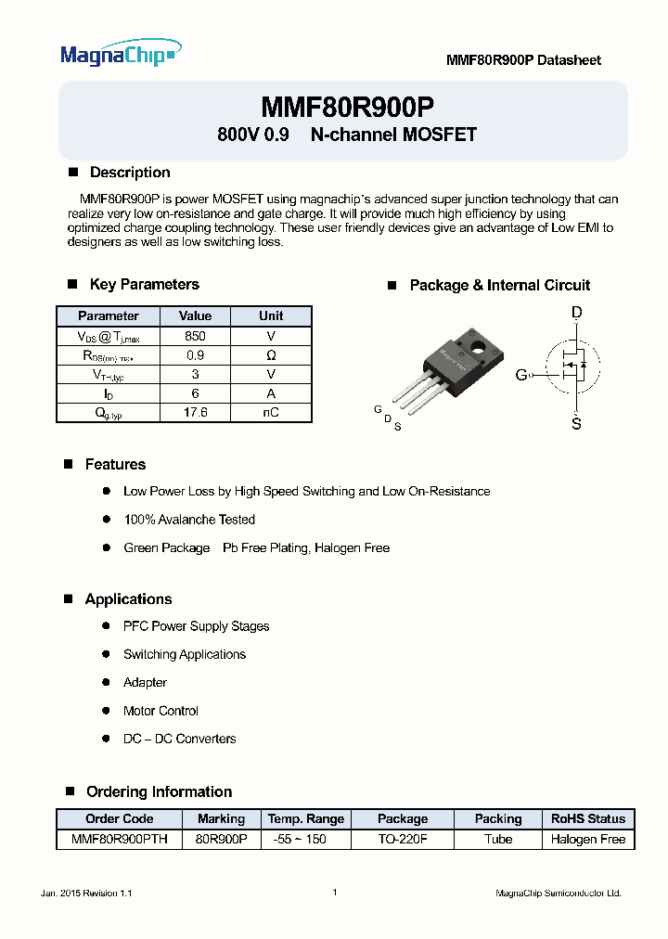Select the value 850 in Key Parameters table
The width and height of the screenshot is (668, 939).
click(195, 336)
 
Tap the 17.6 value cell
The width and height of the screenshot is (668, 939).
click(195, 413)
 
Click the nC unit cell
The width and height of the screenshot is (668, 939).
click(270, 413)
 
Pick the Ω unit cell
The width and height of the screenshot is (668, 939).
click(270, 355)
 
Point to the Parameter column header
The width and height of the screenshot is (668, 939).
click(108, 315)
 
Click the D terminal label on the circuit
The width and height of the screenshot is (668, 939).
click(576, 314)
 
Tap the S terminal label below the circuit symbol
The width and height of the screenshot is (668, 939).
click(576, 423)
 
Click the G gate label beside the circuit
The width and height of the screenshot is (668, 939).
click(520, 375)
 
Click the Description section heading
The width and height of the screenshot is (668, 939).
click(129, 173)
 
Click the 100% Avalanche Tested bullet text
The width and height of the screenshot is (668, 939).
click(188, 520)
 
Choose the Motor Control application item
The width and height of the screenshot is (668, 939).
click(161, 711)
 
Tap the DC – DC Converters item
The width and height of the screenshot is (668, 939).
click(179, 739)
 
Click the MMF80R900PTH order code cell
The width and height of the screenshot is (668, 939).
click(119, 839)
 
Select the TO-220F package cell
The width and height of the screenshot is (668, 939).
click(402, 839)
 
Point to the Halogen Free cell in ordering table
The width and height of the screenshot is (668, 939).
click(587, 839)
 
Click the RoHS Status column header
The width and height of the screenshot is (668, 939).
click(587, 818)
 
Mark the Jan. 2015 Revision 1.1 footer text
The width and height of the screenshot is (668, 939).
click(86, 893)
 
